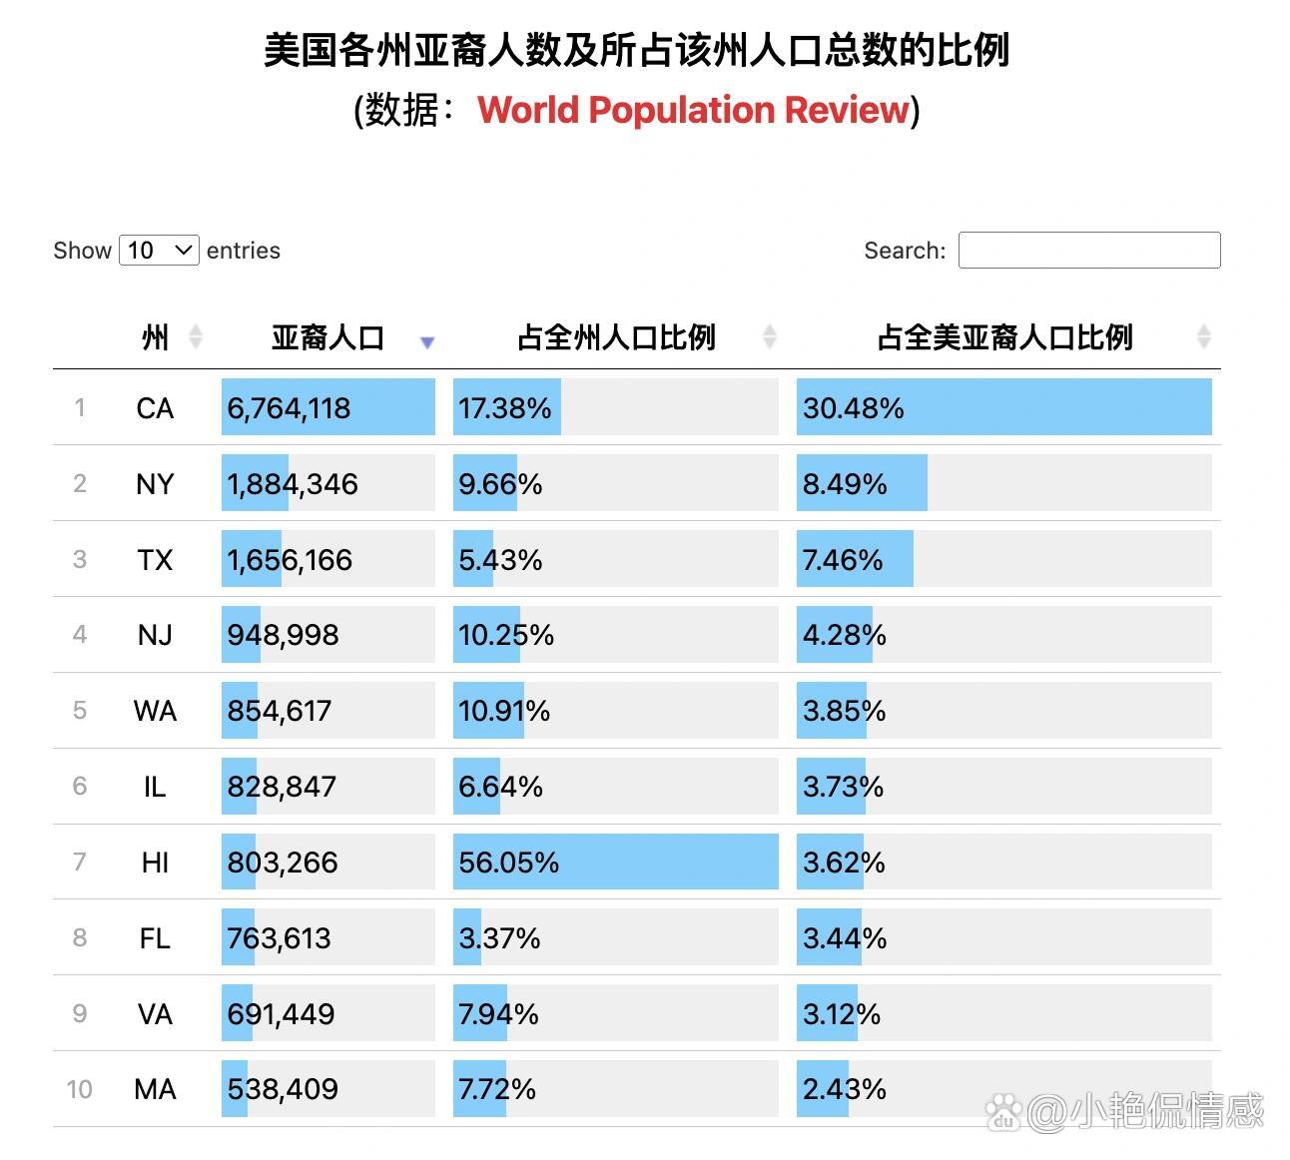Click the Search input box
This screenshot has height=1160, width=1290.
(1088, 250)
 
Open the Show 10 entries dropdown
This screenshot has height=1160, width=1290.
(159, 250)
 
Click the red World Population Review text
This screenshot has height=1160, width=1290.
(694, 110)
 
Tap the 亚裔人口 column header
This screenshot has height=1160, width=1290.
(327, 337)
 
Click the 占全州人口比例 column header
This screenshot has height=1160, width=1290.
(616, 337)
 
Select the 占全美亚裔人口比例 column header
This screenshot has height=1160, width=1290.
(1004, 337)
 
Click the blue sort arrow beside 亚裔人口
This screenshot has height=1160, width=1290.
(427, 342)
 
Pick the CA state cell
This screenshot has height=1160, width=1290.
(155, 408)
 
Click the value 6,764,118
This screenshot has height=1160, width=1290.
(289, 408)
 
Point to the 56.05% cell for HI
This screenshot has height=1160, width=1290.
(508, 863)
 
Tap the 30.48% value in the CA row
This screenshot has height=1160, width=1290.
(853, 408)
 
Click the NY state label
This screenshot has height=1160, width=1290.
(155, 484)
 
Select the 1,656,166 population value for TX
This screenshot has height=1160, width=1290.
(290, 560)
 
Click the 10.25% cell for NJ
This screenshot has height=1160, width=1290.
(505, 635)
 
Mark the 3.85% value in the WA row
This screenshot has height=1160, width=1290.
(844, 711)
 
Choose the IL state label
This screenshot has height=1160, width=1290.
(155, 787)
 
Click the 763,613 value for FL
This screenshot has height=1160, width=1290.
(279, 938)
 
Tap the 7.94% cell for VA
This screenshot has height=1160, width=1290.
(498, 1014)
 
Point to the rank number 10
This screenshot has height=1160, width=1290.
(79, 1089)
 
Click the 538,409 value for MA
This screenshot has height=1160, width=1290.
(283, 1089)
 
